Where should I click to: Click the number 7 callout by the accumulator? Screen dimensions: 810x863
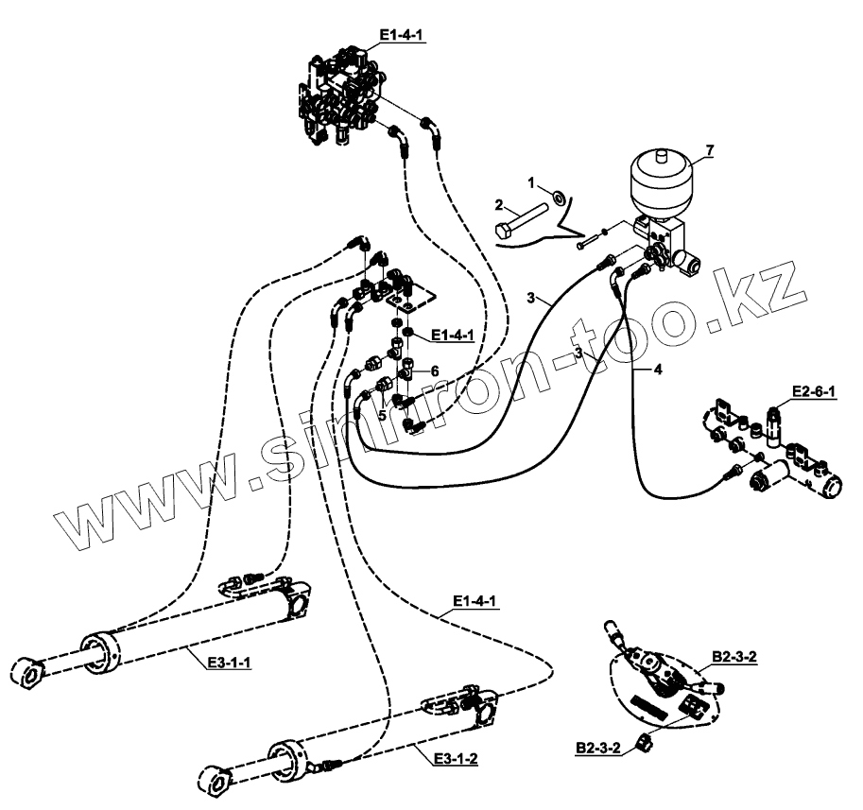coord(709,150)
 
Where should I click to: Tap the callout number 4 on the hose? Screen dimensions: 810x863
coord(658,370)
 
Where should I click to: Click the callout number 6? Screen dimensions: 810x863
coord(435,371)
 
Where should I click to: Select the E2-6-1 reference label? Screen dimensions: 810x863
coord(813,392)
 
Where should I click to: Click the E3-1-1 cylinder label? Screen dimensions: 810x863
coord(229,663)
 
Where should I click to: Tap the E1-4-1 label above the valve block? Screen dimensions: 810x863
coord(402,36)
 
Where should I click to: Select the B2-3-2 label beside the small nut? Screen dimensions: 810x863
coord(597,749)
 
